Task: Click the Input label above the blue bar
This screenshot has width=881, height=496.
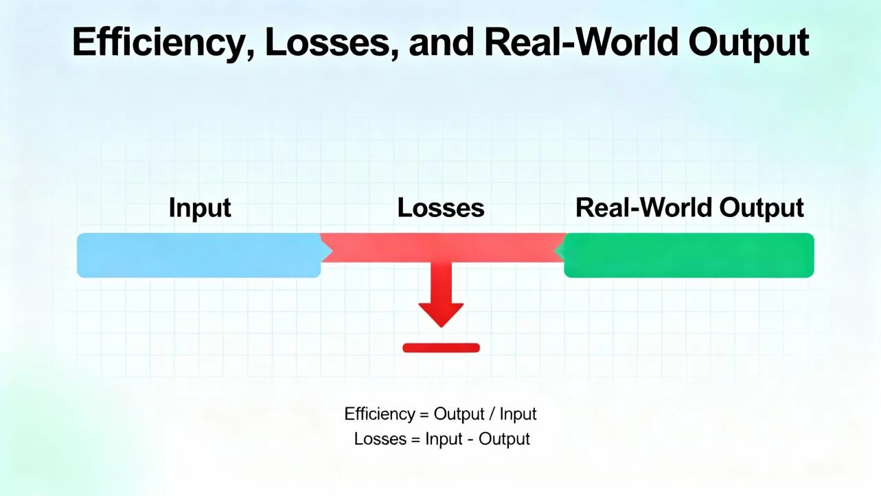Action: coord(200,207)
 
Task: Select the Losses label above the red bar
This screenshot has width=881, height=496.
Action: coord(441,207)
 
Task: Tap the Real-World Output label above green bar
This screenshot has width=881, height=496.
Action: coord(689,207)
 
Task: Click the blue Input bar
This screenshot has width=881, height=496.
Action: coord(198,255)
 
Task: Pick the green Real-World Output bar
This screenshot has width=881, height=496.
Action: coord(689,255)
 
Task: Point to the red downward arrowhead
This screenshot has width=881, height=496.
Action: coord(441,314)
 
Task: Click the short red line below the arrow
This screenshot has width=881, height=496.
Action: coord(441,348)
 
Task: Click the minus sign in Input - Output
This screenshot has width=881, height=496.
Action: coord(470,438)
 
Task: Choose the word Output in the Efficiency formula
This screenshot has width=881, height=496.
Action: coord(458,414)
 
